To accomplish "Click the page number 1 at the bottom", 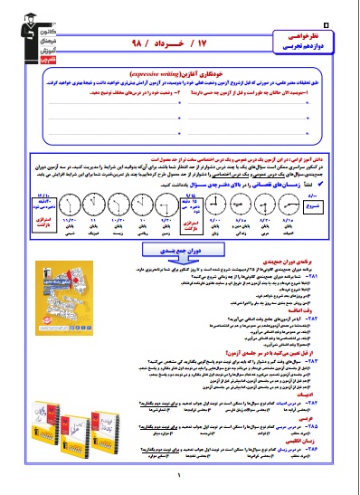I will point(180,482).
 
